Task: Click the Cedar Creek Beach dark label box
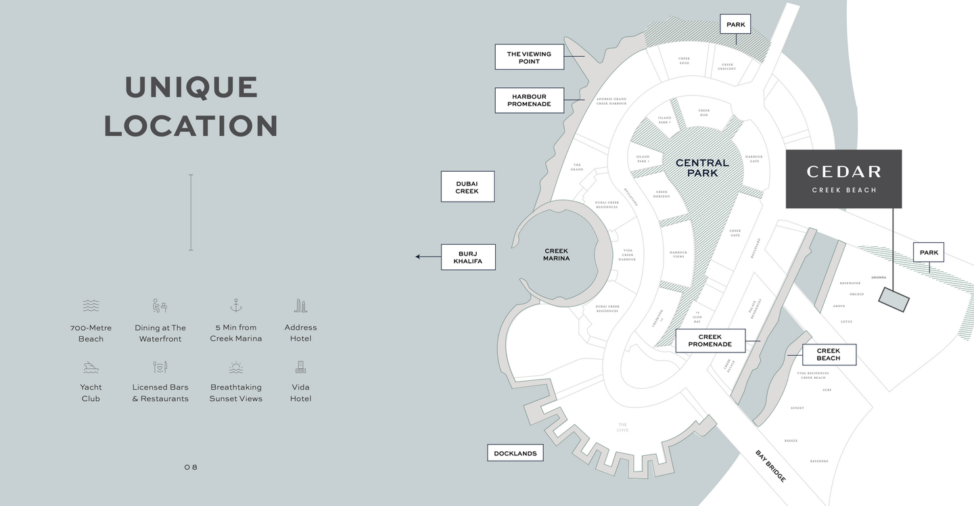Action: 843,179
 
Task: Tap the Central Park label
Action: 702,168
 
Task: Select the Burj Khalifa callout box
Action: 468,257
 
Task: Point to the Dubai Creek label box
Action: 467,187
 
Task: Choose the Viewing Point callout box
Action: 529,57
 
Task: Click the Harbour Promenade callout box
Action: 529,100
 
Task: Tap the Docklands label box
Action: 515,453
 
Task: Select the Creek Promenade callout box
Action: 710,340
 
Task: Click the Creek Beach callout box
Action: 829,354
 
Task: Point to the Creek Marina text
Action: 556,254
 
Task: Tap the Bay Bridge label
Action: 770,465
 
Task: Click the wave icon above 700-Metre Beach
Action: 91,306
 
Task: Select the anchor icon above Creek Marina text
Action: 235,305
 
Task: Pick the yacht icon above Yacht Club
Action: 91,367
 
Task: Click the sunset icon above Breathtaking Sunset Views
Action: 235,367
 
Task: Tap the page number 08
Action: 191,467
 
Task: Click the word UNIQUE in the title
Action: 191,87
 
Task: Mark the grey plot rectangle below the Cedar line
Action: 894,299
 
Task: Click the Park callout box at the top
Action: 735,25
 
